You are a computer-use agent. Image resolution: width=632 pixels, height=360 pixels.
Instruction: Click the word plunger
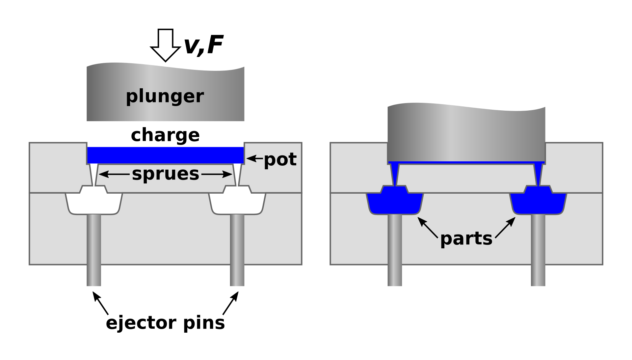pyautogui.click(x=165, y=96)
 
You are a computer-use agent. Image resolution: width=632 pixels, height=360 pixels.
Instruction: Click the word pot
pyautogui.click(x=280, y=159)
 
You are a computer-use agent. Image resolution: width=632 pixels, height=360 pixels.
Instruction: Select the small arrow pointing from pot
pyautogui.click(x=255, y=158)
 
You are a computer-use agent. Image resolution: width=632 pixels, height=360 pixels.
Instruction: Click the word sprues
pyautogui.click(x=165, y=174)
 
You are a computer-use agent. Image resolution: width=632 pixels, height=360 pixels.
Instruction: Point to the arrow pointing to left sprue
pyautogui.click(x=114, y=174)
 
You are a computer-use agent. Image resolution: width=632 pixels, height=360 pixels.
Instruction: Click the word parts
pyautogui.click(x=466, y=238)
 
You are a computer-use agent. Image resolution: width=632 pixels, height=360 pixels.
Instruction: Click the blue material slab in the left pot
pyautogui.click(x=165, y=155)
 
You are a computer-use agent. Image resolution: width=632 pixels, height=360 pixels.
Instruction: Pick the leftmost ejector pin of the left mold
pyautogui.click(x=94, y=250)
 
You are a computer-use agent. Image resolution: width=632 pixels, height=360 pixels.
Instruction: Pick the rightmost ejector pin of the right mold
pyautogui.click(x=538, y=250)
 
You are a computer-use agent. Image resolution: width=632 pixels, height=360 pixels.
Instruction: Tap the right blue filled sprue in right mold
pyautogui.click(x=538, y=173)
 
